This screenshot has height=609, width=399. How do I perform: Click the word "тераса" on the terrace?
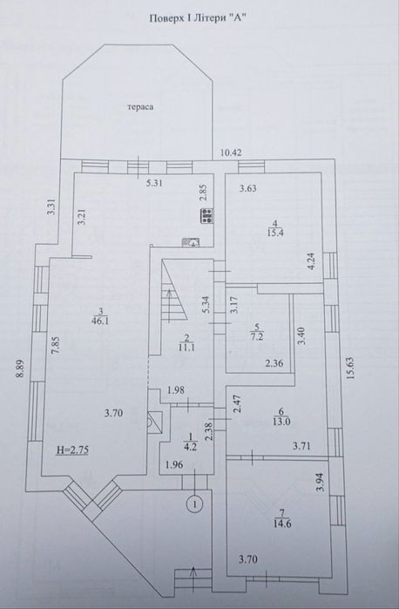point(140,107)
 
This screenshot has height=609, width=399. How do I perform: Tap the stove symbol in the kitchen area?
point(206,215)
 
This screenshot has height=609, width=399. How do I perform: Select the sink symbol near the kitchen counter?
point(191,242)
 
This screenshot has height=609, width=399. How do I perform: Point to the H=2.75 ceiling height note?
point(73,450)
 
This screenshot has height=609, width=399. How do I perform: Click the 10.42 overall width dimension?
point(231,152)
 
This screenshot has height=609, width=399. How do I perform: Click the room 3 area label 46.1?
point(100,321)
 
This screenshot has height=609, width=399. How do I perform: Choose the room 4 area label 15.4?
point(274,233)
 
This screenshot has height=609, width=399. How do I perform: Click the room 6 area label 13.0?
point(281,422)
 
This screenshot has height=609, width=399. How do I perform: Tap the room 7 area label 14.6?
point(283,524)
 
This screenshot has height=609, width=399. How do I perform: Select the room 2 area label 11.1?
point(187,348)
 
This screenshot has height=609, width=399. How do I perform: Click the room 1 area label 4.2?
point(191,446)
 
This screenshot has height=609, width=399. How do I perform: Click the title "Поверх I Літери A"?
point(199,18)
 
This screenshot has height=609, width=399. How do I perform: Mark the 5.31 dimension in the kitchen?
point(154,184)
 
